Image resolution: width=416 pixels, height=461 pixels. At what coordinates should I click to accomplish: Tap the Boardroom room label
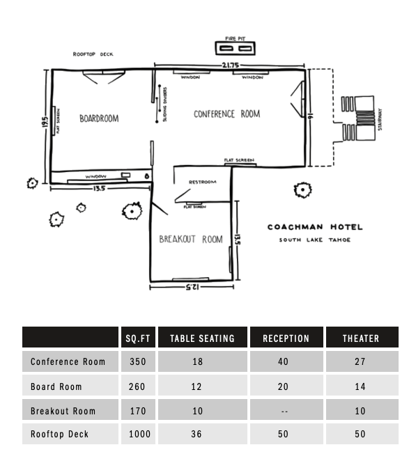pos(99,118)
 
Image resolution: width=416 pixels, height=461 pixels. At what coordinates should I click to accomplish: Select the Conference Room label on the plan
pos(226,114)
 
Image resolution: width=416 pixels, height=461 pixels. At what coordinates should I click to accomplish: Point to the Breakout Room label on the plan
pos(191,240)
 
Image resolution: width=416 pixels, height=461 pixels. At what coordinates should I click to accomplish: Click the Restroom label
pos(203,182)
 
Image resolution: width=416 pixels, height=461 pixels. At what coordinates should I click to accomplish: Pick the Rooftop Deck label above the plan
pos(93,54)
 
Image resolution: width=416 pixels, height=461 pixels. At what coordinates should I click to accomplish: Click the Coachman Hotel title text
pos(315,227)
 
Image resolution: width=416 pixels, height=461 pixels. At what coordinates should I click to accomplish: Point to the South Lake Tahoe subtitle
pos(315,240)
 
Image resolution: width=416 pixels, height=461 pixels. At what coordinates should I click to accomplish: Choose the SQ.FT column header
pos(137,338)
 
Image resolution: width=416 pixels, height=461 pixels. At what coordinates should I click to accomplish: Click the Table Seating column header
pos(202,338)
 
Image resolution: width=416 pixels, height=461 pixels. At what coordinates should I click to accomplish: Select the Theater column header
pos(361,338)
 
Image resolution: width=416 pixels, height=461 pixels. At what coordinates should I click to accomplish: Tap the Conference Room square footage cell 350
pos(137,361)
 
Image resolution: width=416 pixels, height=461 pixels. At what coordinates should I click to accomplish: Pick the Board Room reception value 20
pos(285,386)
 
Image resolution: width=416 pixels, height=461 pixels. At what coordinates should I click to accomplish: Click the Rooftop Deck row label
pos(56,434)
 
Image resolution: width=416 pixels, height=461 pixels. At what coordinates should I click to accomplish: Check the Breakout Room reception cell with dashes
pos(285,411)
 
